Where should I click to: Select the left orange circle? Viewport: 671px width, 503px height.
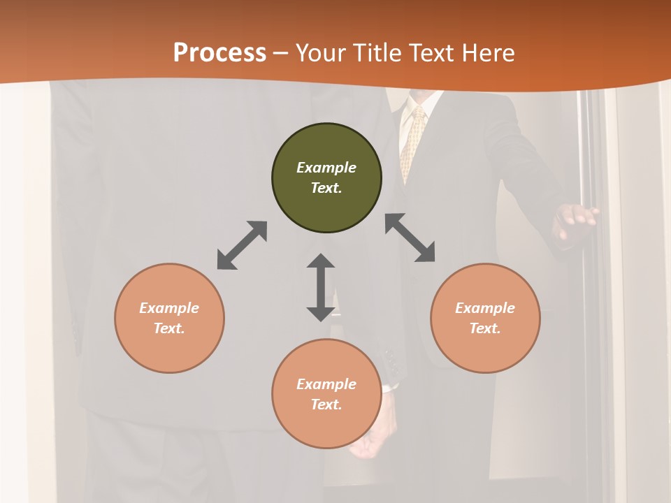tap(169, 318)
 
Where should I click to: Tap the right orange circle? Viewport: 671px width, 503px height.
tap(485, 318)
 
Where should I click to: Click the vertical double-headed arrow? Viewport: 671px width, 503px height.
tap(321, 287)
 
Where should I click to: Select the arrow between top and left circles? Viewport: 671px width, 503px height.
tap(242, 245)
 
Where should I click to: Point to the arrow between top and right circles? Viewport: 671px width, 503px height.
tap(410, 238)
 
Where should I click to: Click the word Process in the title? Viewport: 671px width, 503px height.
tap(219, 52)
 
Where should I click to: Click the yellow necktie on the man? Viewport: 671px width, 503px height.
tap(412, 143)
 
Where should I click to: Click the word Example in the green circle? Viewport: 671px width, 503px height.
tap(326, 168)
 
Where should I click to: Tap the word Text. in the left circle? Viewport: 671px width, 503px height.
tap(169, 328)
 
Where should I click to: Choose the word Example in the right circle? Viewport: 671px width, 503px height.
tap(485, 308)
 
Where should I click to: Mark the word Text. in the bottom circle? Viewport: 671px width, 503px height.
tap(326, 404)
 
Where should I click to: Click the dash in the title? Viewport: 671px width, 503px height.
tap(281, 53)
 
